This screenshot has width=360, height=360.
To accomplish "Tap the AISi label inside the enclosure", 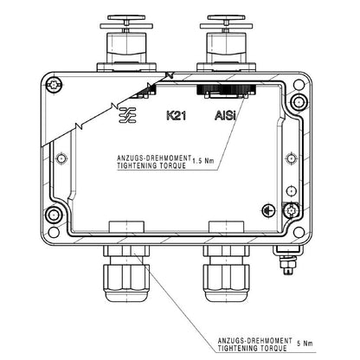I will point(225,114).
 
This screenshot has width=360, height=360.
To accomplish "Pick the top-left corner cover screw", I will point(55,84).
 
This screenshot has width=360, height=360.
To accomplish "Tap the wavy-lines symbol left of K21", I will point(126,113).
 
